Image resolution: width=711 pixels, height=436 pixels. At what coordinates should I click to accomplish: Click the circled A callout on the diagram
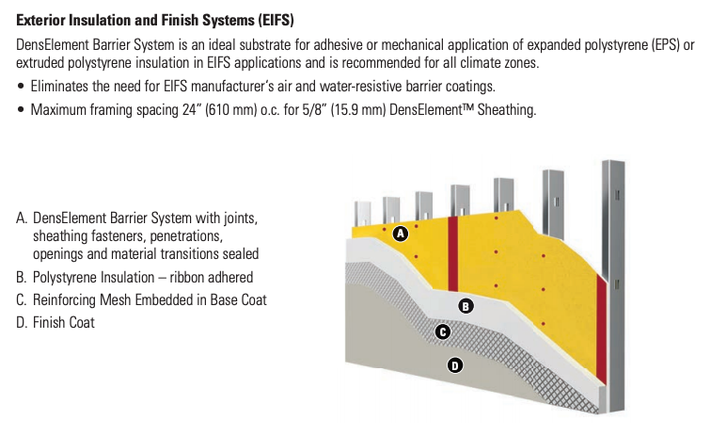click(x=400, y=234)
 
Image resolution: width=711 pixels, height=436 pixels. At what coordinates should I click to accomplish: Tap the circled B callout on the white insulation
click(x=466, y=306)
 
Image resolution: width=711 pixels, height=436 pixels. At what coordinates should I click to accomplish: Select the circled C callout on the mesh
click(x=443, y=331)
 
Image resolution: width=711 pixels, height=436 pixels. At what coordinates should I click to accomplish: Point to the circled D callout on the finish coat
click(x=455, y=365)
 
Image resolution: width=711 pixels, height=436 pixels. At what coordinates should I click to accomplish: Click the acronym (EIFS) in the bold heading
click(x=276, y=20)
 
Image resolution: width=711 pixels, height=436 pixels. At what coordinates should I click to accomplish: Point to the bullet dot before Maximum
click(x=21, y=110)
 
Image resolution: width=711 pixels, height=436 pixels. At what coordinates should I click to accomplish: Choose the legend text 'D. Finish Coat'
click(x=55, y=322)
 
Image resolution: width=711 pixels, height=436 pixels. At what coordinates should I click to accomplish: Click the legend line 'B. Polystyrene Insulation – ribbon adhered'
click(x=134, y=277)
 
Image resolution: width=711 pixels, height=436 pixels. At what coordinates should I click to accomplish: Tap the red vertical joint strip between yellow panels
click(x=453, y=253)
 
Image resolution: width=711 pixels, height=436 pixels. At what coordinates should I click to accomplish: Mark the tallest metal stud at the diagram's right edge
click(x=613, y=286)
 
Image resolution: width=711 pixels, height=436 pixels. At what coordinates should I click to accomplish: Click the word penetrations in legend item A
click(x=186, y=236)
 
